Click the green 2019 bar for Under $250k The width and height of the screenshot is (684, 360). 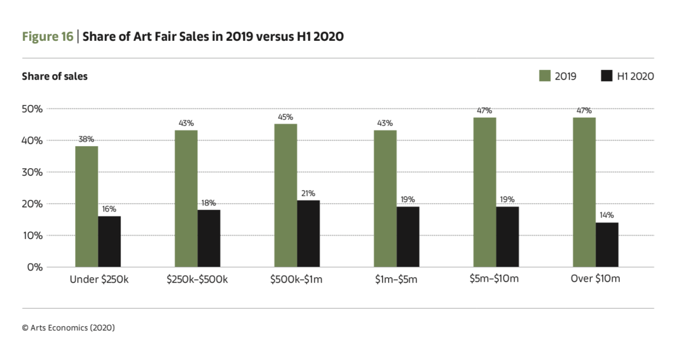[x=87, y=206]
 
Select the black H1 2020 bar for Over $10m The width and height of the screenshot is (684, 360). [x=607, y=245]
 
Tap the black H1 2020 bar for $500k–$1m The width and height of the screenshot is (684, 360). [x=308, y=233]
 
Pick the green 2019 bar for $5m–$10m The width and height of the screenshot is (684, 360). [x=484, y=192]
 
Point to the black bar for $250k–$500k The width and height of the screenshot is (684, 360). [x=209, y=238]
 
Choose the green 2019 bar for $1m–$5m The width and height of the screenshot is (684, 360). [x=385, y=198]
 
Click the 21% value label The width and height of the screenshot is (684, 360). [x=308, y=194]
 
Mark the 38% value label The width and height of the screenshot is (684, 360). [x=87, y=139]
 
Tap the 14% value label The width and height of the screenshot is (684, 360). [x=607, y=215]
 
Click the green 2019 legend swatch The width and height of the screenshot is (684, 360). [x=545, y=76]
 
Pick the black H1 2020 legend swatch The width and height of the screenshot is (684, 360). [x=607, y=76]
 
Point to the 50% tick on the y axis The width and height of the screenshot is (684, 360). [x=33, y=109]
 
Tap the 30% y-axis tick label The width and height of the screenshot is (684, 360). [x=33, y=172]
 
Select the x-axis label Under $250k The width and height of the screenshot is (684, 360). [x=98, y=280]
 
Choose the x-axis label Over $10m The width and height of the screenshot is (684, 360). [x=595, y=279]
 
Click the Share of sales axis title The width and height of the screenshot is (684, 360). [x=54, y=76]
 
